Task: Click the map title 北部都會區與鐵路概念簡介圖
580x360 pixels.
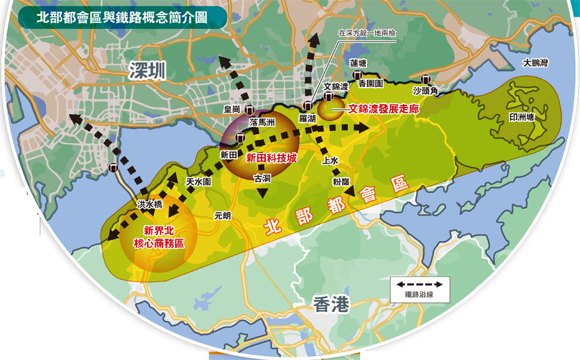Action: [122, 17]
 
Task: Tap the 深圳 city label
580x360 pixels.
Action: [146, 71]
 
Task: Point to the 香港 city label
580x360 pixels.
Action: [332, 305]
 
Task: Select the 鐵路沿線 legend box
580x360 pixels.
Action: [419, 289]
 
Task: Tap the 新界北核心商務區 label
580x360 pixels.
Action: [157, 237]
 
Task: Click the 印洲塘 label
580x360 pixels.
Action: [521, 119]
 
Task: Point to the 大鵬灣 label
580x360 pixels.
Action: [535, 63]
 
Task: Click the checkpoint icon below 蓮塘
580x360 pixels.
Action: [357, 75]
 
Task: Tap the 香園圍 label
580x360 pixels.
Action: [370, 83]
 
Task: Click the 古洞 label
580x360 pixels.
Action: [263, 178]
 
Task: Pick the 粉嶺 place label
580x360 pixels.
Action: [341, 182]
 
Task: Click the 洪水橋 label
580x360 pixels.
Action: [150, 204]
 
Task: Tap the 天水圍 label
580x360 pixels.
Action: [198, 182]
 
